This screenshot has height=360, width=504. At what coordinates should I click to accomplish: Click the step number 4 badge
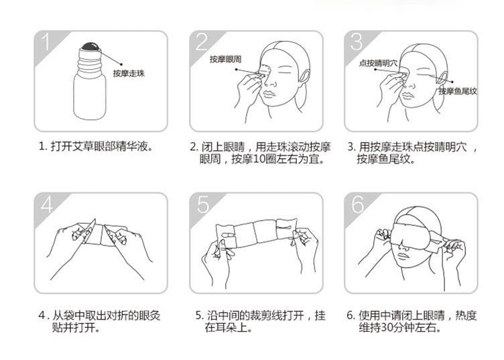point(46,204)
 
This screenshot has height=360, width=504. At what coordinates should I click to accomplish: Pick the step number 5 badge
point(201,204)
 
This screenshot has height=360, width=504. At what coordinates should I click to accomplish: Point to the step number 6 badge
point(357,204)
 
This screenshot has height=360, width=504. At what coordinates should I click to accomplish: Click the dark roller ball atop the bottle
point(89,48)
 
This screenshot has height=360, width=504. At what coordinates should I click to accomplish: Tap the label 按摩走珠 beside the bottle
point(129,73)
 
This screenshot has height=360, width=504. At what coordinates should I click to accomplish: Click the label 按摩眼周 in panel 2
point(225,60)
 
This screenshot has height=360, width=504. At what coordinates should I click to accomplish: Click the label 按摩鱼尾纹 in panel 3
point(457,91)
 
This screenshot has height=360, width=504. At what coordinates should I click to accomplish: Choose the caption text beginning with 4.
point(101,321)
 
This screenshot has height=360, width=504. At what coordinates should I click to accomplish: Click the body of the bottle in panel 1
point(89,94)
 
